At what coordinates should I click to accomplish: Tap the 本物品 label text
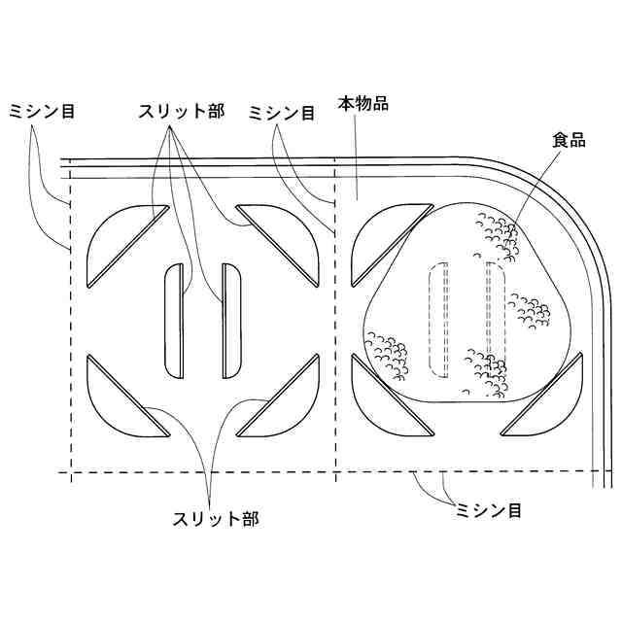pos(363,103)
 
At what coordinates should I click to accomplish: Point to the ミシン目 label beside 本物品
pos(282,113)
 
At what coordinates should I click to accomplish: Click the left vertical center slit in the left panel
pos(175,321)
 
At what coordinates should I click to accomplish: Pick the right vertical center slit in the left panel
pos(231,321)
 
